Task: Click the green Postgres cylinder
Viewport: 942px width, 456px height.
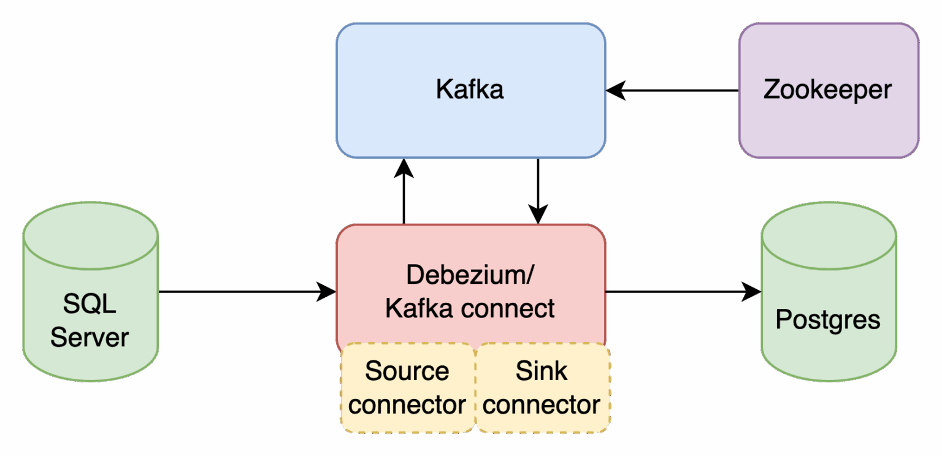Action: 828,355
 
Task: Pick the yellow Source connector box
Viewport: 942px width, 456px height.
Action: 407,387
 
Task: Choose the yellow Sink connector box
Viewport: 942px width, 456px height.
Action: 542,387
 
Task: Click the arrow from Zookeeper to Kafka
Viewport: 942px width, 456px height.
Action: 675,91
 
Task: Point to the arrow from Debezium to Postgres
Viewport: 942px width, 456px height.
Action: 675,292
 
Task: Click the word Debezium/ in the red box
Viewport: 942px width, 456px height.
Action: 470,275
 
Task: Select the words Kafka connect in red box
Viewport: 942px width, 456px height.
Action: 470,308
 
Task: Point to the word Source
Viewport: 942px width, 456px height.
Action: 407,371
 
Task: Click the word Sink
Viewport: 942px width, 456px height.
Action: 542,371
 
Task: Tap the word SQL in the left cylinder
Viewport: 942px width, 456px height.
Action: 90,303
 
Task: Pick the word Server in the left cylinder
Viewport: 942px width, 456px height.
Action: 90,337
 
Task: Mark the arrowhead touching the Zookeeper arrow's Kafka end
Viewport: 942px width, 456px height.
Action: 615,91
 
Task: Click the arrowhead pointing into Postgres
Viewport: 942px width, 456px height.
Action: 751,292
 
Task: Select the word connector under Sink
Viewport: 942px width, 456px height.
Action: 542,405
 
